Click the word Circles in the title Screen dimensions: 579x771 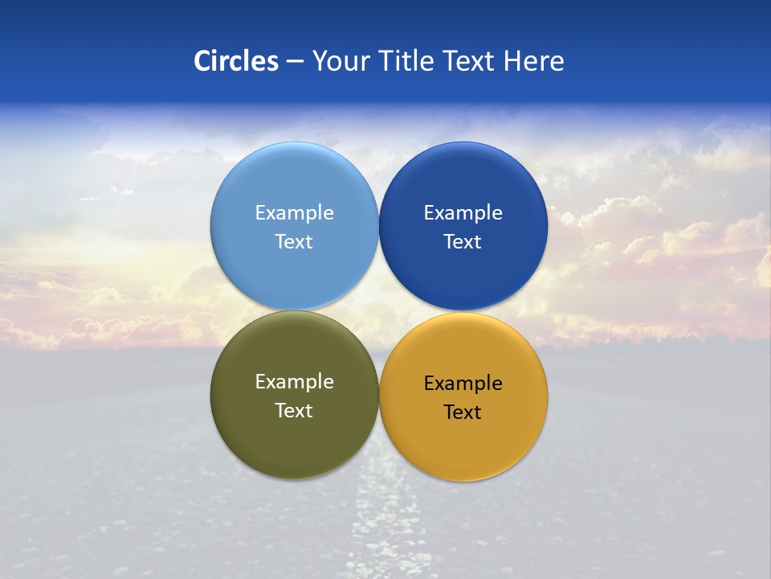click(236, 61)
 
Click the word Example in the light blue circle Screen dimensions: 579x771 click(294, 213)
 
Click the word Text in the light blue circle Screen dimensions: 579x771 click(294, 242)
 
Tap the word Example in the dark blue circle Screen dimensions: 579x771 click(463, 213)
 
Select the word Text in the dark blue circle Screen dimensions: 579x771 click(463, 242)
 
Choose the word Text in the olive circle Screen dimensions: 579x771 click(294, 411)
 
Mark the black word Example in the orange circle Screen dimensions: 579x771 click(463, 384)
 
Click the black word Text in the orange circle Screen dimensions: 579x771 click(463, 413)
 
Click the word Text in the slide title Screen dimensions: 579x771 click(470, 61)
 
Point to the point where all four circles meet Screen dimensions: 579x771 click(378, 310)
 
